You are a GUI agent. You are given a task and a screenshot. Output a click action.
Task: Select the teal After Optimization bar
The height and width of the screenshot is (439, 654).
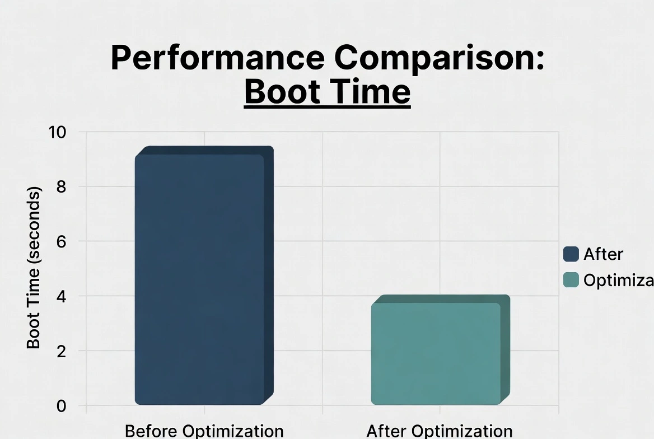point(436,353)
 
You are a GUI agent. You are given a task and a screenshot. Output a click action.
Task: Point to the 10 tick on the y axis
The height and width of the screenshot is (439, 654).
point(58,133)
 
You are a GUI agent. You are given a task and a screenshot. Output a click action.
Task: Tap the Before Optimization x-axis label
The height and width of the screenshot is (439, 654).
point(204,431)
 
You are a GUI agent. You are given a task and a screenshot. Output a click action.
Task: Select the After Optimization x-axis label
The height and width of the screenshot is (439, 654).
point(440,431)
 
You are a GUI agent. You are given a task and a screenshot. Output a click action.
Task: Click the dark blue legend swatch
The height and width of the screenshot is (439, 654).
point(571,254)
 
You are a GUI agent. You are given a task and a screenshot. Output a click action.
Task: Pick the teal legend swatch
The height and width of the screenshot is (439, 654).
point(571,280)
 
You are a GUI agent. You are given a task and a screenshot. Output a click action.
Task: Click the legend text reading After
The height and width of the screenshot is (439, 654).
point(603,254)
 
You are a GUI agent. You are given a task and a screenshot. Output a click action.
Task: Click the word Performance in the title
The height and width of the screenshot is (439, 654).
point(217,57)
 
